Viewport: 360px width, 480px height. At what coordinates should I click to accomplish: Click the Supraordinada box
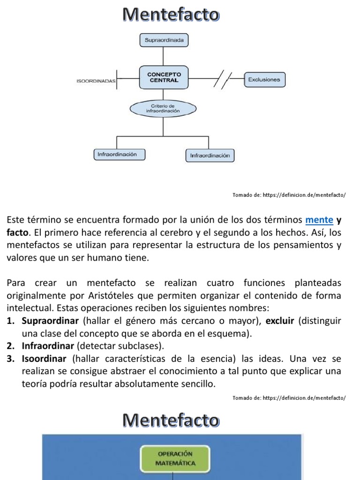(x=164, y=40)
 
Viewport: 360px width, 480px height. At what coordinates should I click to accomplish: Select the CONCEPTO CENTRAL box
(x=164, y=77)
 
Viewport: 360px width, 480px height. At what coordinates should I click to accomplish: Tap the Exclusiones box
(x=264, y=80)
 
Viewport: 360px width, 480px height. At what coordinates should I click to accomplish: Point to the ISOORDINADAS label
(x=96, y=81)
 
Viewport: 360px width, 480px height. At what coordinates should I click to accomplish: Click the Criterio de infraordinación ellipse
(x=163, y=109)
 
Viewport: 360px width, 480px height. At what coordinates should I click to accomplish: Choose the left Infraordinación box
(x=120, y=154)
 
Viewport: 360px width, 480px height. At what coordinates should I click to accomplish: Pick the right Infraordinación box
(x=210, y=155)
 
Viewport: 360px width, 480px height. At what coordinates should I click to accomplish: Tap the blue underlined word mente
(x=319, y=219)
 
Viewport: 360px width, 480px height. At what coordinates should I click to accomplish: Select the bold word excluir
(x=280, y=322)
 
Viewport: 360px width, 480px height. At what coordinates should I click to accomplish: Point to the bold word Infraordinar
(x=48, y=346)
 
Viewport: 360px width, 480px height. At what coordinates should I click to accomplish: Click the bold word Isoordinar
(x=44, y=359)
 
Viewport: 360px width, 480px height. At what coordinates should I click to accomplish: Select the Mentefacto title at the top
(x=171, y=15)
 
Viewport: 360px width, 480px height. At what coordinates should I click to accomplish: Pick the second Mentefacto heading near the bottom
(x=171, y=420)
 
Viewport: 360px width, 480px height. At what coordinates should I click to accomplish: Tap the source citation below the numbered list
(x=289, y=398)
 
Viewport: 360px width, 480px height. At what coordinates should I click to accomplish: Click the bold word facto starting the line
(x=16, y=232)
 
